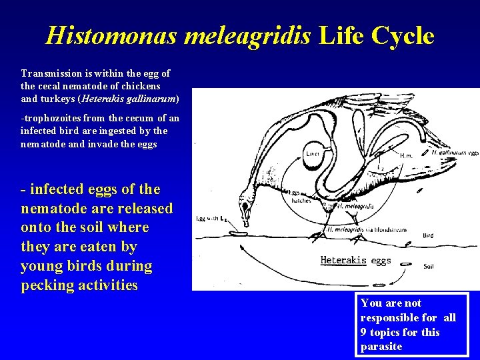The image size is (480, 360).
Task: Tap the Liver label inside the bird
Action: pyautogui.click(x=312, y=153)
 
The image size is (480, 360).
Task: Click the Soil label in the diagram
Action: pyautogui.click(x=431, y=265)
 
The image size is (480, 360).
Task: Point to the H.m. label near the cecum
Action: pyautogui.click(x=406, y=155)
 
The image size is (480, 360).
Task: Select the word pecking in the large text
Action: pyautogui.click(x=51, y=285)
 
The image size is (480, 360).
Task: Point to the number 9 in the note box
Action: pyautogui.click(x=364, y=332)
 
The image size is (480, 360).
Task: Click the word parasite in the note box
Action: pyautogui.click(x=381, y=347)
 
